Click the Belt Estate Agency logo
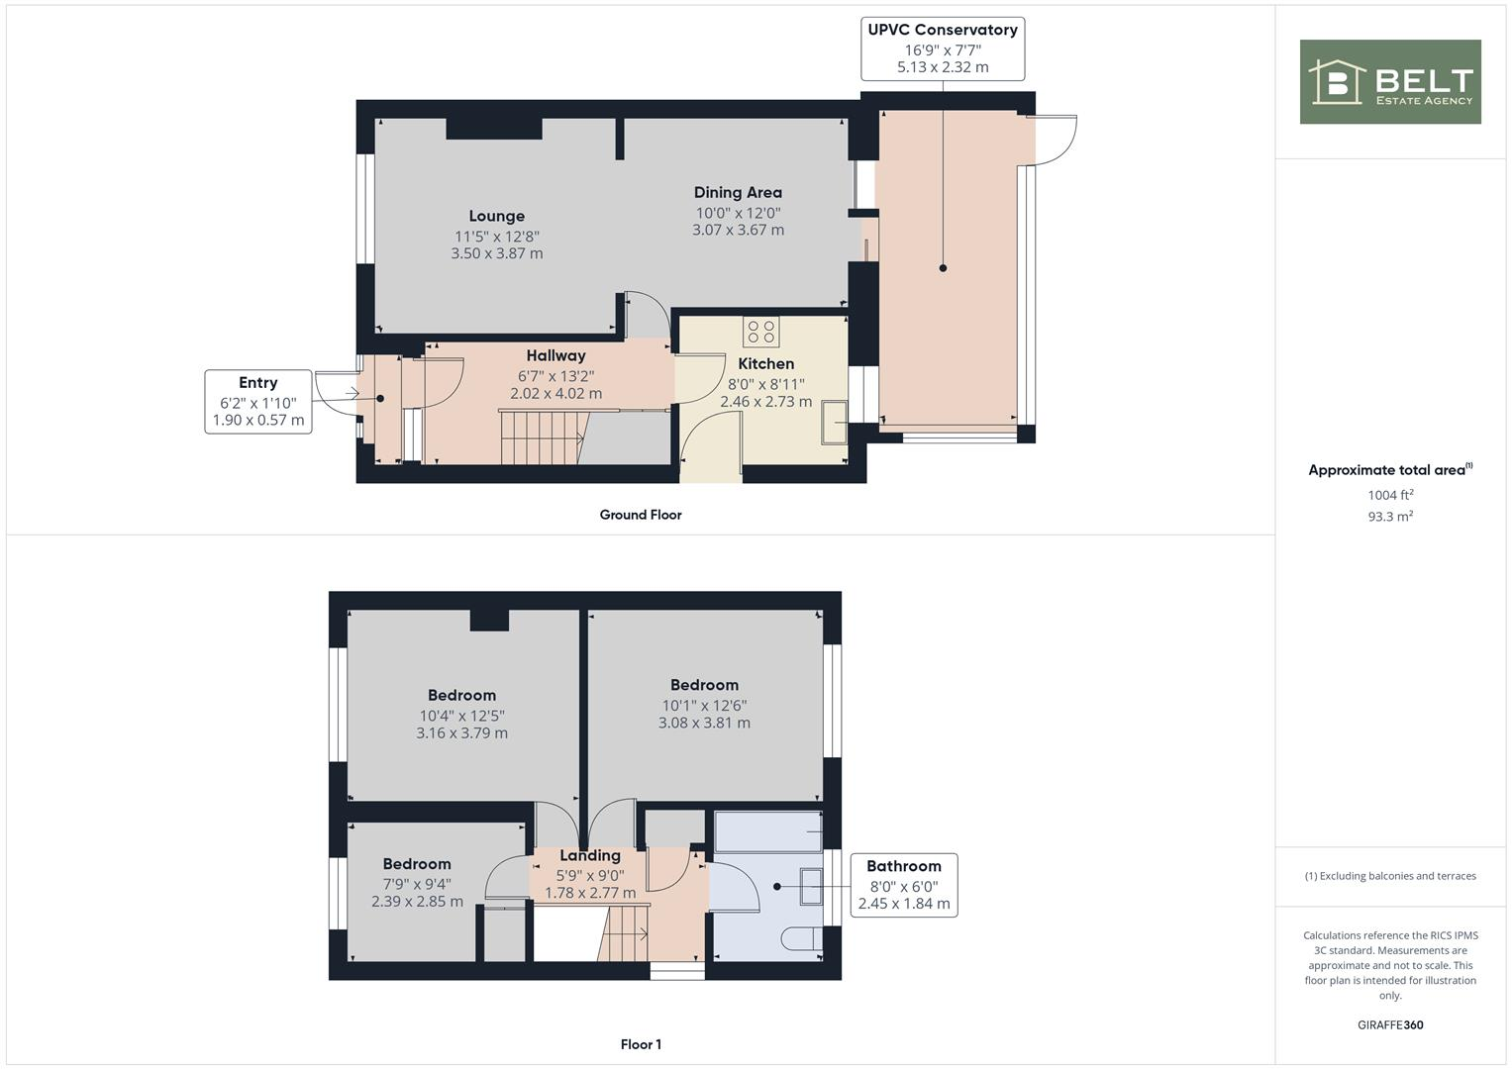(1389, 82)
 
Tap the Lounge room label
(496, 216)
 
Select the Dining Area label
(737, 193)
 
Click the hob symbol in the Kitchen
(761, 331)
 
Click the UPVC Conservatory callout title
(942, 30)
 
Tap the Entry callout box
(257, 401)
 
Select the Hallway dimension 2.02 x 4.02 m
(555, 393)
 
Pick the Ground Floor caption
(640, 515)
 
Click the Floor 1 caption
(640, 1044)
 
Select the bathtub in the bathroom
(767, 832)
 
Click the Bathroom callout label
(903, 866)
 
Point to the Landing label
(590, 856)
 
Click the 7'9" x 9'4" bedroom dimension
(417, 884)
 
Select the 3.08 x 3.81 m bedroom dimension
(704, 724)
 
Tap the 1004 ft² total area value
(1389, 495)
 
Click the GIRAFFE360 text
(1389, 1024)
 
